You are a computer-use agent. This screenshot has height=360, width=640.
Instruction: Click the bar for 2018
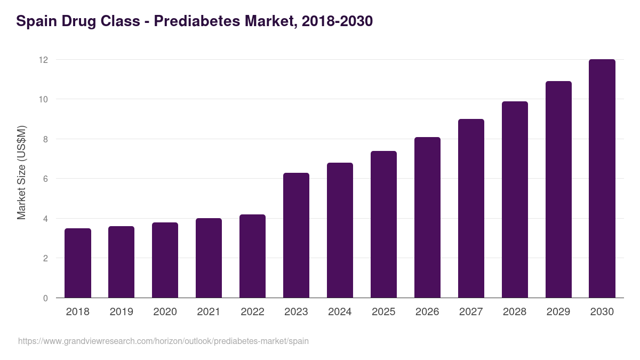(x=78, y=263)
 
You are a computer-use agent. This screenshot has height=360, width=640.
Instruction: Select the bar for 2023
(x=296, y=235)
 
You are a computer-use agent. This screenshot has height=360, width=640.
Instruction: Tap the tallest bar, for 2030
(x=602, y=179)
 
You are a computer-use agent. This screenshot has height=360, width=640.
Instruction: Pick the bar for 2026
(x=427, y=218)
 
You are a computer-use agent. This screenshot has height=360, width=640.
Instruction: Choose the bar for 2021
(x=209, y=258)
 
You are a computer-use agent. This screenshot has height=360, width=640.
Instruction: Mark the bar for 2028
(x=515, y=199)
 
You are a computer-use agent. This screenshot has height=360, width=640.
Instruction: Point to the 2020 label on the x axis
(x=165, y=312)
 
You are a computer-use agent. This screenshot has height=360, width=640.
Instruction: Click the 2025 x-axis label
(x=383, y=312)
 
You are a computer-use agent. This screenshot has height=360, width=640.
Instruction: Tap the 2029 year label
(x=558, y=312)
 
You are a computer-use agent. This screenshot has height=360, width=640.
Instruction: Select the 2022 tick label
(x=252, y=312)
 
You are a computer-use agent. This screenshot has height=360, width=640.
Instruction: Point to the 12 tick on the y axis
(x=43, y=60)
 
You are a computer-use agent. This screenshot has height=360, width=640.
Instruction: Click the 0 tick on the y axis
(x=45, y=298)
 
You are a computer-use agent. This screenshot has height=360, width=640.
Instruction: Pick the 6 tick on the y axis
(x=45, y=179)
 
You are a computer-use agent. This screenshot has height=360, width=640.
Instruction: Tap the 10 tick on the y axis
(x=43, y=99)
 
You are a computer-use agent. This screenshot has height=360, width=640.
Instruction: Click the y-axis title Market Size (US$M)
(x=22, y=173)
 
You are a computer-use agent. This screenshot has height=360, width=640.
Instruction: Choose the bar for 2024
(x=340, y=230)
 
